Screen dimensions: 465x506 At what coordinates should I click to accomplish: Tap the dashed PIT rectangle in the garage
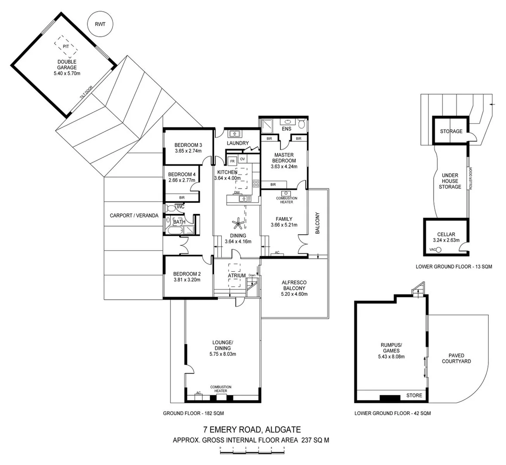[66, 46]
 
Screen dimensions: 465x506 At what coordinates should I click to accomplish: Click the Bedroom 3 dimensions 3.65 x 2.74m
[189, 151]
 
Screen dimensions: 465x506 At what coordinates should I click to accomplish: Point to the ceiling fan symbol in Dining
[238, 223]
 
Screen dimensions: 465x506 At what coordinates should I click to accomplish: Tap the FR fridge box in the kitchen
[233, 161]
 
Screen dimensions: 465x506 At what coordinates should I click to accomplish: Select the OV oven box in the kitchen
[243, 159]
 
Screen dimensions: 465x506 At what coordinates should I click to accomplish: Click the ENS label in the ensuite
[286, 129]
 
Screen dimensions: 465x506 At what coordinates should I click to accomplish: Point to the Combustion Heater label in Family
[287, 200]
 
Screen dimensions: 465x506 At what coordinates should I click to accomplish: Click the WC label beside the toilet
[180, 207]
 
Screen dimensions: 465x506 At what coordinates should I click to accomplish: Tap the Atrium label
[236, 276]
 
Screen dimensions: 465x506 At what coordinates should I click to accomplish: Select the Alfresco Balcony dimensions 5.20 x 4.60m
[294, 294]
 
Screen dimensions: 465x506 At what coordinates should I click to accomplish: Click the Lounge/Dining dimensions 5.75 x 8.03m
[223, 354]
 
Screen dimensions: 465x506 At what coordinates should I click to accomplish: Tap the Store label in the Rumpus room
[414, 395]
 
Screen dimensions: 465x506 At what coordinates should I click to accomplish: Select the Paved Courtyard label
[456, 358]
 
